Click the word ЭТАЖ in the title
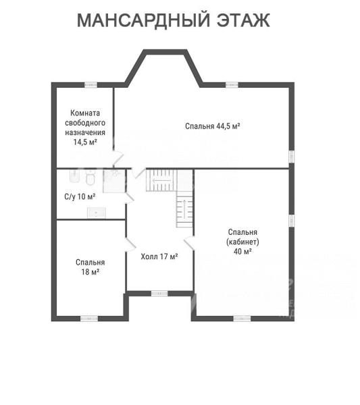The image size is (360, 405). pyautogui.click(x=243, y=20)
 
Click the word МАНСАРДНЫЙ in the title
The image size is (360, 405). pyautogui.click(x=143, y=20)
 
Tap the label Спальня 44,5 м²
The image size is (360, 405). pyautogui.click(x=213, y=126)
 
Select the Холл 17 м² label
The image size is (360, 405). pyautogui.click(x=159, y=256)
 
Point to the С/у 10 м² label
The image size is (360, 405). pyautogui.click(x=80, y=196)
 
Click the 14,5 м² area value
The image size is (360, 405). pyautogui.click(x=85, y=142)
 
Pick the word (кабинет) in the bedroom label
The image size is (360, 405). pyautogui.click(x=242, y=242)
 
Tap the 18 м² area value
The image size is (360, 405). pyautogui.click(x=91, y=272)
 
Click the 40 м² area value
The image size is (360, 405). pyautogui.click(x=242, y=251)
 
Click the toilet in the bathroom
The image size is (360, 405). pyautogui.click(x=91, y=178)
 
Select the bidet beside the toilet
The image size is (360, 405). pyautogui.click(x=75, y=176)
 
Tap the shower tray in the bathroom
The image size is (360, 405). pyautogui.click(x=114, y=181)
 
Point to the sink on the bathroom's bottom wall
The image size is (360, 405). pyautogui.click(x=96, y=213)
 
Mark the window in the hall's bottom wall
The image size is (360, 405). pyautogui.click(x=159, y=294)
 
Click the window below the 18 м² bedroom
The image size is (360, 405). pyautogui.click(x=89, y=319)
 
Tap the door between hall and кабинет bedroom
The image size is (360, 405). pyautogui.click(x=189, y=244)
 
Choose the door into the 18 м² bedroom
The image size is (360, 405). pyautogui.click(x=130, y=245)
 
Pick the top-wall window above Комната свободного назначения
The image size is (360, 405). pyautogui.click(x=91, y=85)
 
